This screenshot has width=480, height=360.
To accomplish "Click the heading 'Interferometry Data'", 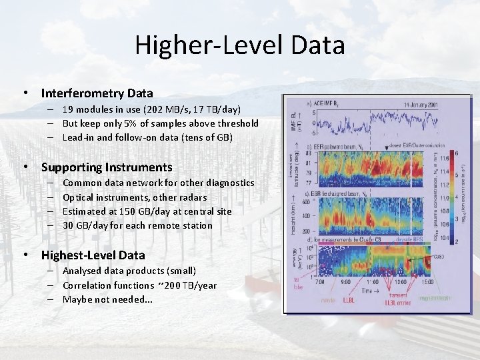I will [x=97, y=93].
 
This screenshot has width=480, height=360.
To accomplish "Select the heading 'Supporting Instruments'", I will [x=107, y=167].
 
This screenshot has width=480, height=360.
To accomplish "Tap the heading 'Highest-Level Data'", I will [x=93, y=255].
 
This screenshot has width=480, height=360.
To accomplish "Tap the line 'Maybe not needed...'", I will [x=107, y=299].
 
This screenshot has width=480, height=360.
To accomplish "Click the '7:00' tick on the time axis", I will [x=319, y=282].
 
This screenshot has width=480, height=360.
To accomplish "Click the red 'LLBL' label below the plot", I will [x=349, y=301].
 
